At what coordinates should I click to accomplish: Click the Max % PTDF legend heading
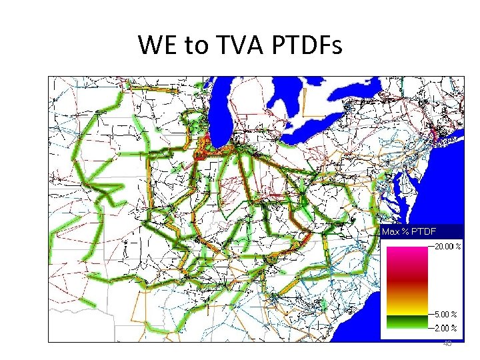click(x=409, y=231)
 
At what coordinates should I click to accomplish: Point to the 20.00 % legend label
click(x=445, y=246)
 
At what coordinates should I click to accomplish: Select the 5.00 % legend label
click(x=445, y=314)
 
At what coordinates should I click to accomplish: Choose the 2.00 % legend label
click(x=445, y=327)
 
